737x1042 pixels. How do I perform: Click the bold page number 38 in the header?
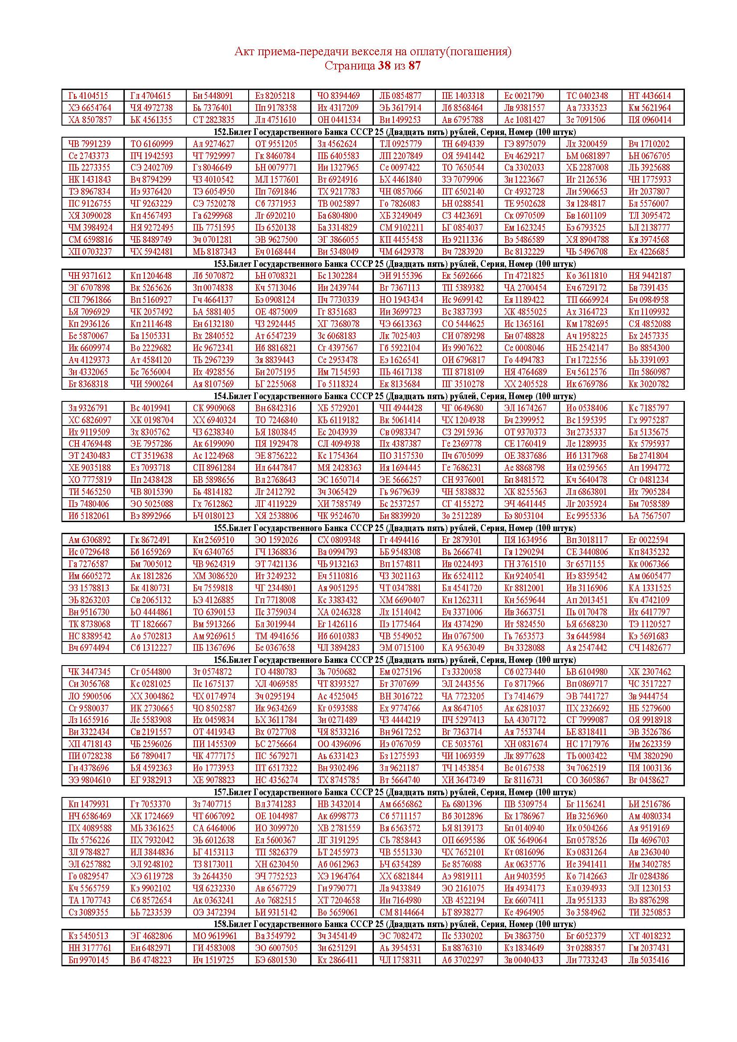[384, 66]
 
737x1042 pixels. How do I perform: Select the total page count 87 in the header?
[414, 66]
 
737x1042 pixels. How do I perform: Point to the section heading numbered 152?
[394, 132]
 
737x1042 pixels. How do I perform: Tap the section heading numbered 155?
[394, 528]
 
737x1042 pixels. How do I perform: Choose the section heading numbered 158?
[394, 924]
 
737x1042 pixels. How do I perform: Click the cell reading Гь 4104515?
[89, 96]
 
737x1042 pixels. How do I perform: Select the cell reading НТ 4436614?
[649, 96]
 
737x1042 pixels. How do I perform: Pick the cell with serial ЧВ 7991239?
[90, 144]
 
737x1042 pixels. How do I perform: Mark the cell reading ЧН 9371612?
[90, 276]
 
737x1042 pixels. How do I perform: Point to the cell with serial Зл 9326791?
[89, 408]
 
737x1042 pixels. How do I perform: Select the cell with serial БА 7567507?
[649, 515]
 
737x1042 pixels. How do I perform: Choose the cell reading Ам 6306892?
[90, 540]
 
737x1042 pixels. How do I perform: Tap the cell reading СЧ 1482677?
[649, 648]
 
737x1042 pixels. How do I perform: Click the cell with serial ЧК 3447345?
[90, 672]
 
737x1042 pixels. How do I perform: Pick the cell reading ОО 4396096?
[339, 744]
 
